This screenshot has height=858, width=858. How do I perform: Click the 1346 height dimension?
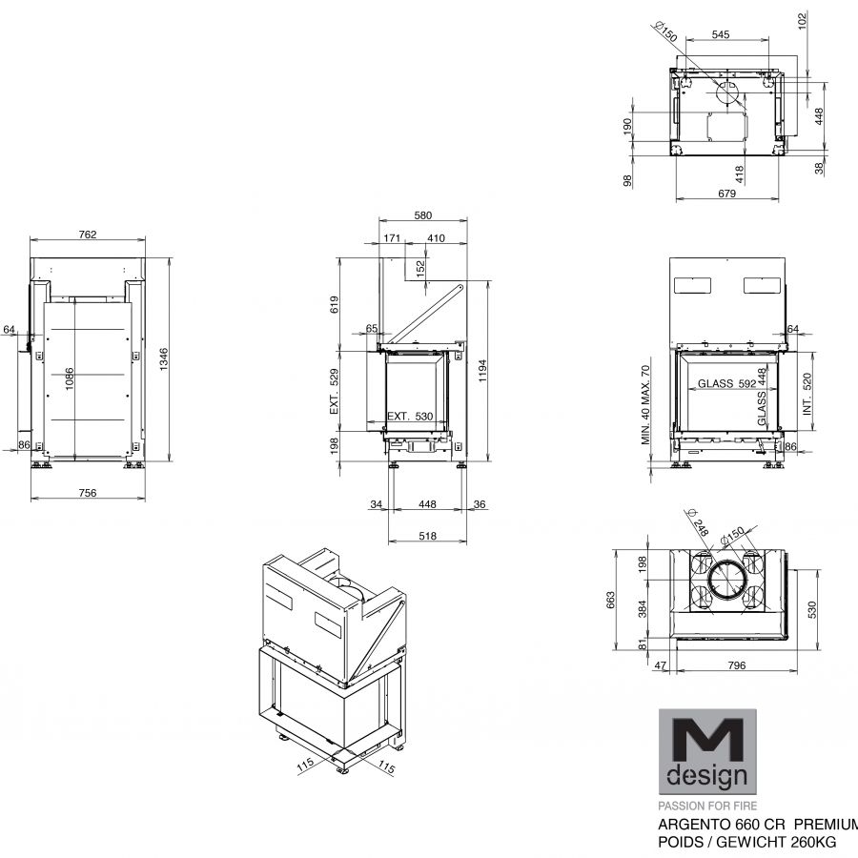pos(164,359)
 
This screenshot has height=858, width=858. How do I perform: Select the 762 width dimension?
pos(88,235)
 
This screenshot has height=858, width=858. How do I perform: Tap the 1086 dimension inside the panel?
pos(70,378)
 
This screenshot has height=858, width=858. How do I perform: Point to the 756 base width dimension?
pos(88,493)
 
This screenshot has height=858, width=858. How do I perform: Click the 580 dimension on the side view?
pos(423,215)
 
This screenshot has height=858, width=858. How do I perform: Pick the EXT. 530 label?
pos(410,416)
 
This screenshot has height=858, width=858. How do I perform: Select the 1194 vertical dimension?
pos(482,371)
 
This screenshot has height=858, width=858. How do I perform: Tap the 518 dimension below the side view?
pos(427,536)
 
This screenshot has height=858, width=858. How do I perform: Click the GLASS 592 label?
pos(726,383)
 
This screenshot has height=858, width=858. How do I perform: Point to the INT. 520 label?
pos(807,394)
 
